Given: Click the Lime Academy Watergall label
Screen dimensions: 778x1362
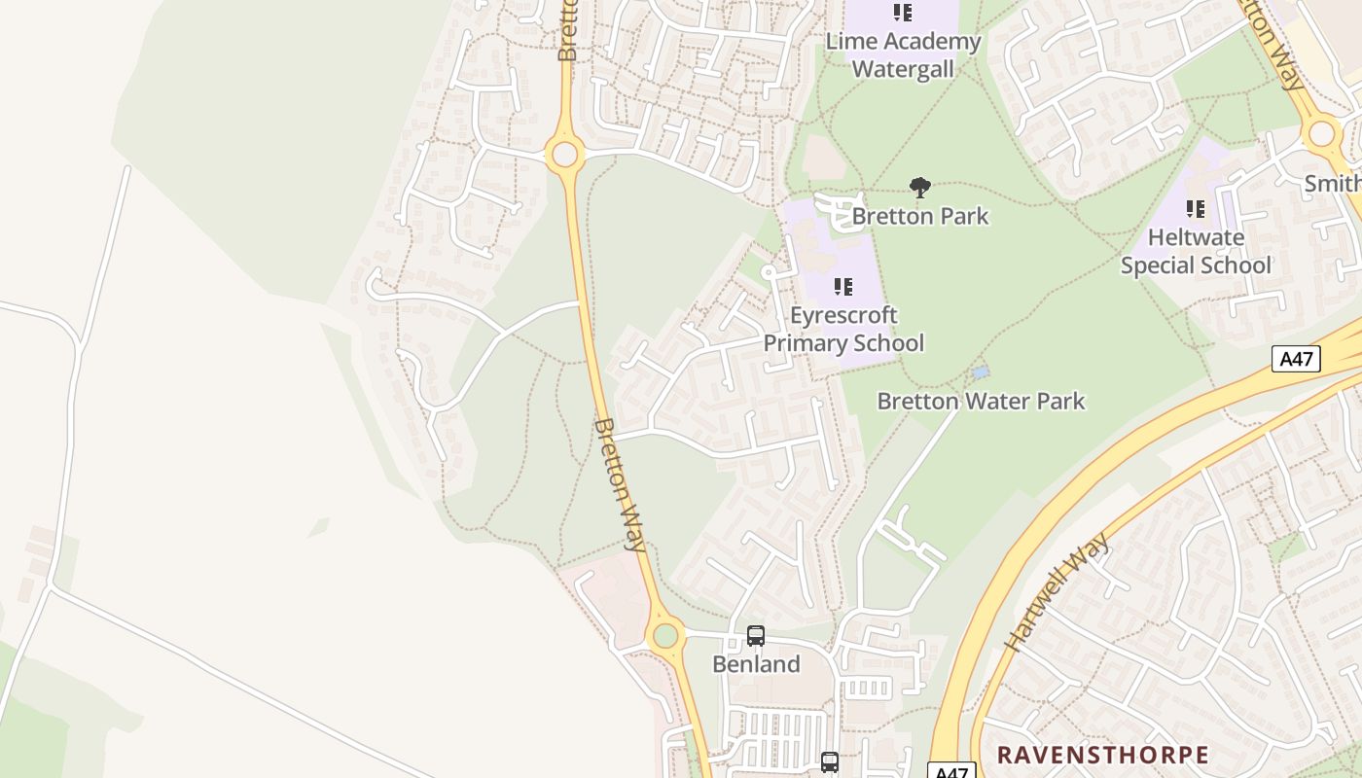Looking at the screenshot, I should (903, 55).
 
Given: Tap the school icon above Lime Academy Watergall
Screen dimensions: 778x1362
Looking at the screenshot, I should (903, 13).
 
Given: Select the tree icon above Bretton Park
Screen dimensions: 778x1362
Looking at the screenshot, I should (919, 188).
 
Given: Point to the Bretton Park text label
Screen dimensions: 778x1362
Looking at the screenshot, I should (920, 216).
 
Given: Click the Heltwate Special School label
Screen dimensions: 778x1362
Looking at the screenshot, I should (1196, 251).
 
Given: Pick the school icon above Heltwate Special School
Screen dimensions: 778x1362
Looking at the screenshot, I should (1196, 208).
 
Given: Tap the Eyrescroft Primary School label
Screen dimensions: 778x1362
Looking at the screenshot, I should (843, 329).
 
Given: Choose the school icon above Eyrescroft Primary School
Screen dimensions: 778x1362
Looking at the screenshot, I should (843, 287).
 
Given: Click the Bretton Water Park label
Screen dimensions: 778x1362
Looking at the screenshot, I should (981, 401).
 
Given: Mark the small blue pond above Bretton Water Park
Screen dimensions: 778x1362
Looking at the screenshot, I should (980, 372).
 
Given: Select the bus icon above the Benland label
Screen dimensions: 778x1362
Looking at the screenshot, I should (756, 636).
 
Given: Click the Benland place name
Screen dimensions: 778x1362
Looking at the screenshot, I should (756, 664).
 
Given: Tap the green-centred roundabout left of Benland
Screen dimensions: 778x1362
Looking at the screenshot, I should (665, 636).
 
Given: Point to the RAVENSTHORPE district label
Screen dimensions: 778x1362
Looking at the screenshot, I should (1102, 755).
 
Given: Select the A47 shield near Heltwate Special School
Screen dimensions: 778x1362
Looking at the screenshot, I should (1297, 359).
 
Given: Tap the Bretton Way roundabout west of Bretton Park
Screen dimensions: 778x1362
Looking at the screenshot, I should (564, 154).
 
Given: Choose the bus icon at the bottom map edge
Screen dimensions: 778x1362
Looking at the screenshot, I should (829, 762).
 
